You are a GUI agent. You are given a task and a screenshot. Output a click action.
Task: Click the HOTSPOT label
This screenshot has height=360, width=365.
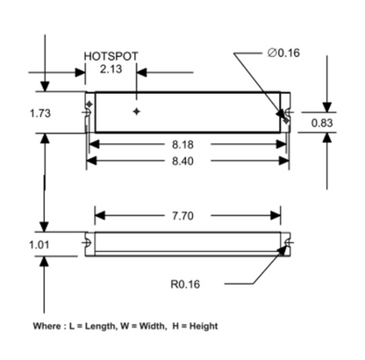pyautogui.click(x=111, y=55)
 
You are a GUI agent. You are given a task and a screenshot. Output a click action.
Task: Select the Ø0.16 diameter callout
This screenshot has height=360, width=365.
pyautogui.click(x=283, y=53)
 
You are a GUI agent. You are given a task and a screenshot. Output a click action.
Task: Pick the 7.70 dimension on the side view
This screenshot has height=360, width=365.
pyautogui.click(x=188, y=214)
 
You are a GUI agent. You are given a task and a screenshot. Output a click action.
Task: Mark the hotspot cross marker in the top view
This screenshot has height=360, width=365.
pyautogui.click(x=135, y=112)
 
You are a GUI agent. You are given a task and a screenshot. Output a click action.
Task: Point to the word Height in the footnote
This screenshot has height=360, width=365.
pyautogui.click(x=202, y=326)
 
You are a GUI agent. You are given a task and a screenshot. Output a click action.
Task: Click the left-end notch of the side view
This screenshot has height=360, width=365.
pyautogui.click(x=89, y=243)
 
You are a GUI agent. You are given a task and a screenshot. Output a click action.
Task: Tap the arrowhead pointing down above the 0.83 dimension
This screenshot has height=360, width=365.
pyautogui.click(x=326, y=106)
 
